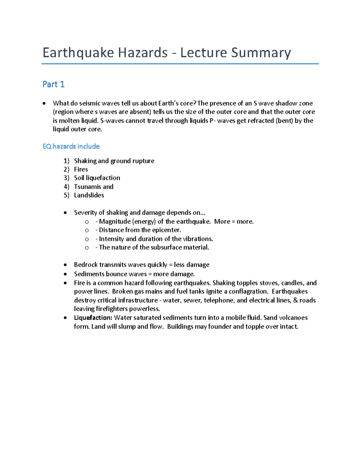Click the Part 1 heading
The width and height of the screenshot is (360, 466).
(x=53, y=84)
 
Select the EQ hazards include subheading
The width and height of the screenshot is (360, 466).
(x=71, y=146)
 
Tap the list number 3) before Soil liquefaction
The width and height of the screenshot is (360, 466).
(x=66, y=178)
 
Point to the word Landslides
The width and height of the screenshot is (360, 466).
(x=89, y=195)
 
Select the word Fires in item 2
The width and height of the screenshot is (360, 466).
(x=81, y=170)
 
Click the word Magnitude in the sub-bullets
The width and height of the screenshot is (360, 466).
(x=115, y=221)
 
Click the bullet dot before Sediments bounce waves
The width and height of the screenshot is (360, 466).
(x=65, y=274)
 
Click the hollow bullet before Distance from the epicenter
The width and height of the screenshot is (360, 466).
(x=87, y=230)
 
